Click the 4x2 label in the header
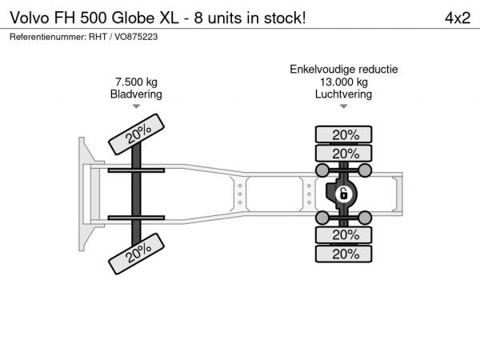tap(458, 18)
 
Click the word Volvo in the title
tap(30, 18)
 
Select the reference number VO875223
tap(136, 37)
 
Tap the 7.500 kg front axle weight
tap(136, 82)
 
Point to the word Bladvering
tap(136, 94)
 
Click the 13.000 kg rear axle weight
tap(344, 82)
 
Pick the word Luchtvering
tap(343, 94)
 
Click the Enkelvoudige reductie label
tap(344, 70)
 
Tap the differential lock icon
tap(343, 194)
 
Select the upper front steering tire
tap(136, 134)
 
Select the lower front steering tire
tap(136, 254)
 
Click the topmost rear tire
tap(343, 134)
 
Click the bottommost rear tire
tap(343, 254)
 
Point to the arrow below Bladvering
tap(136, 106)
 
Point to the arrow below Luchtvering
tap(344, 106)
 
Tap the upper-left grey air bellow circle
tap(322, 170)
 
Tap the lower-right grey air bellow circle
tap(365, 218)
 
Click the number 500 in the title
tap(94, 18)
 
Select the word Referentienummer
tap(47, 37)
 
